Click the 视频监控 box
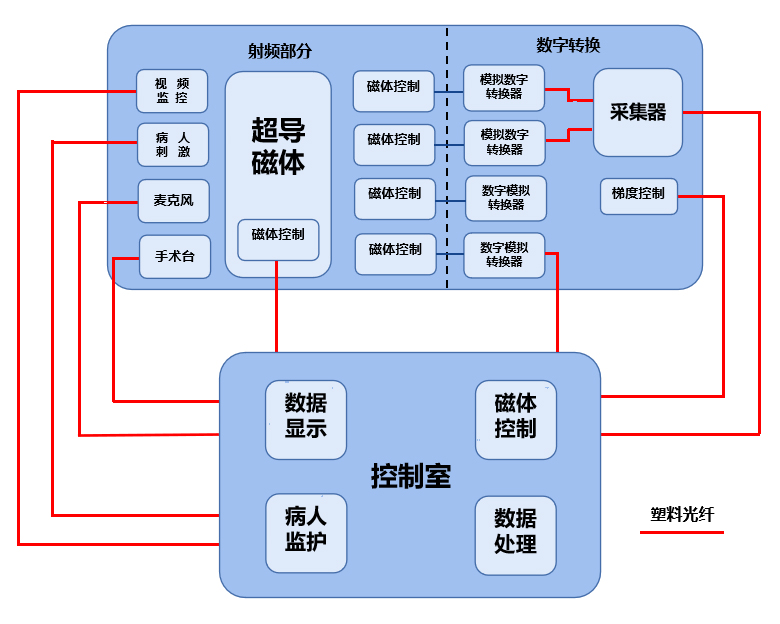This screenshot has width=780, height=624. [172, 91]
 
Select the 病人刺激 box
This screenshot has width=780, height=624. [172, 144]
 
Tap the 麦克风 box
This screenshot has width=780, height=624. [173, 201]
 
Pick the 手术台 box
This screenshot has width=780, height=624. [174, 256]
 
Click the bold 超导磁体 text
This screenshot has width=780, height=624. [278, 146]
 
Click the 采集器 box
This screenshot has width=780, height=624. [638, 112]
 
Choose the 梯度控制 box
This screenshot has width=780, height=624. [638, 194]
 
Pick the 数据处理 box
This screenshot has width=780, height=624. [515, 532]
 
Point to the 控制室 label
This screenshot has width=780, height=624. [411, 476]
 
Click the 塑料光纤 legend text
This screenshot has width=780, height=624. [683, 515]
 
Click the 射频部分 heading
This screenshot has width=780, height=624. [279, 52]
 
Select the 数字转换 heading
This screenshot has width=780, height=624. [567, 45]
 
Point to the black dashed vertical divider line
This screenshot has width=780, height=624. [447, 160]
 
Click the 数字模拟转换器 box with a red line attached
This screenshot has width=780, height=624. [505, 254]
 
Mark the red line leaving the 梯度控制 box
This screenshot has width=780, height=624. [722, 300]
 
